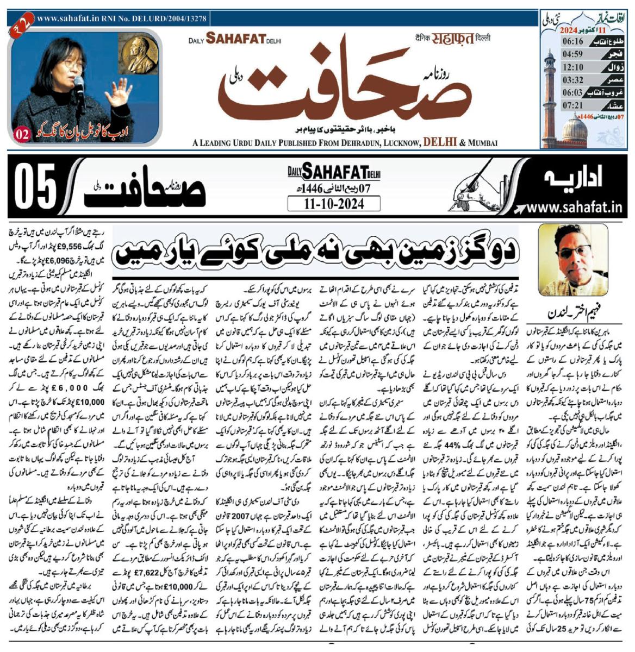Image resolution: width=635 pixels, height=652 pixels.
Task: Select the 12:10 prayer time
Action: pos(558,67)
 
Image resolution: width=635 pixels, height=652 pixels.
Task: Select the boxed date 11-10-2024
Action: pos(334,204)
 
